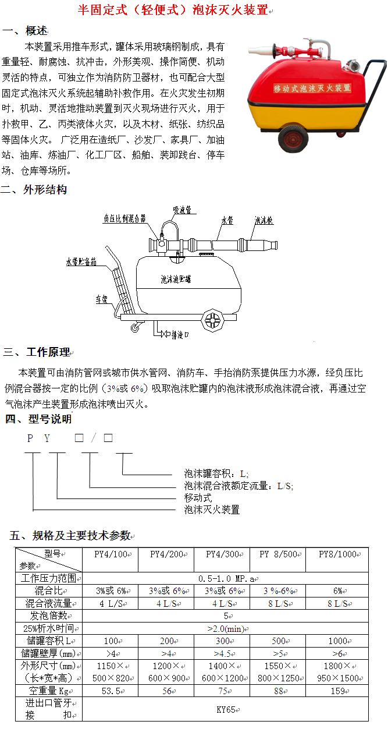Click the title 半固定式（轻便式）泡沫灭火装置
pos(173,10)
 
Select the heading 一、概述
pos(26,30)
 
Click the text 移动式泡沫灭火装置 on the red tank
pos(312,87)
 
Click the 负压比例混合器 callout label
pos(124,218)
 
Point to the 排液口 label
pos(179,334)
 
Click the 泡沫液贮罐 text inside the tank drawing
pos(176,279)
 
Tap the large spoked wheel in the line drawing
pos(213,321)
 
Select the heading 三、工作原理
pos(37,352)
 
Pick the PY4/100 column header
pos(111,554)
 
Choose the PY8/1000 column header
pos(337,554)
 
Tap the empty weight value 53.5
pos(111,691)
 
